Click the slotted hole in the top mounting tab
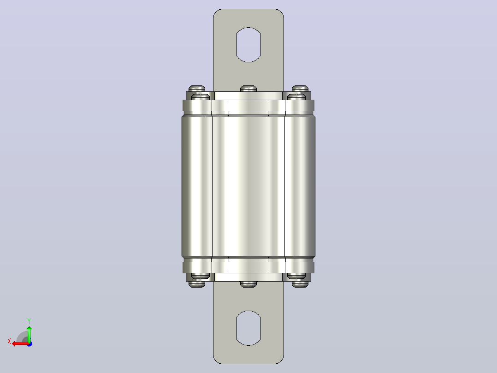click(248, 45)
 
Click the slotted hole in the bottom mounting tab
click(248, 328)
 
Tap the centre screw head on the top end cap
click(248, 89)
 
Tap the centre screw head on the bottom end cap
click(248, 284)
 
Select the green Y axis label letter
click(29, 321)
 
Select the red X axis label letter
click(9, 341)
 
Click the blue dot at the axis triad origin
click(30, 344)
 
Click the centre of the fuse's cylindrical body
click(248, 186)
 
